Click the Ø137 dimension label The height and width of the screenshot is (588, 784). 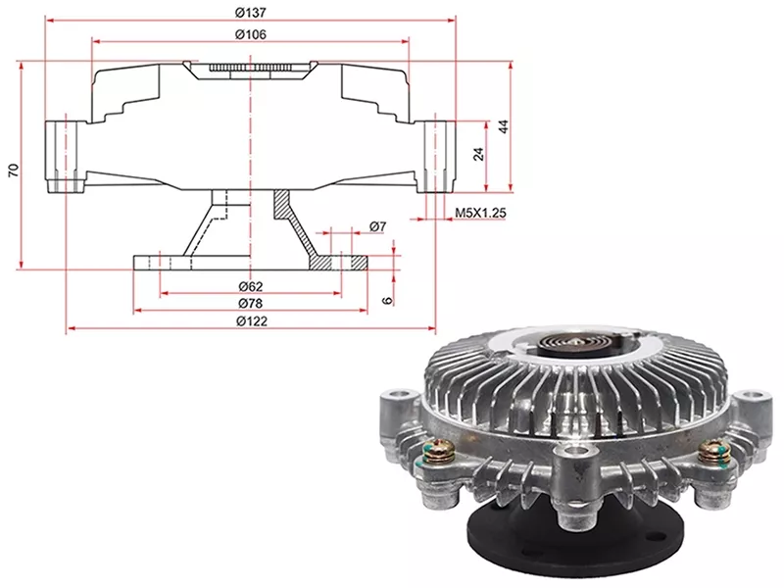coord(251,13)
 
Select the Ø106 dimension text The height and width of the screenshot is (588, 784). coord(251,34)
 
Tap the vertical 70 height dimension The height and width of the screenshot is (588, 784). coord(15,170)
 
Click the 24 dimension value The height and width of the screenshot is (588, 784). coord(479,154)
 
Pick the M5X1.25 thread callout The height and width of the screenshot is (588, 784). coord(480,213)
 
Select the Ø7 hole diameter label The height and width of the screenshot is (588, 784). coord(378,226)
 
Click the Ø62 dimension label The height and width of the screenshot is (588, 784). coord(251,286)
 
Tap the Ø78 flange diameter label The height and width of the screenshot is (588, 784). coord(251,304)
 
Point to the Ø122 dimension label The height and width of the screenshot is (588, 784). coord(252,321)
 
